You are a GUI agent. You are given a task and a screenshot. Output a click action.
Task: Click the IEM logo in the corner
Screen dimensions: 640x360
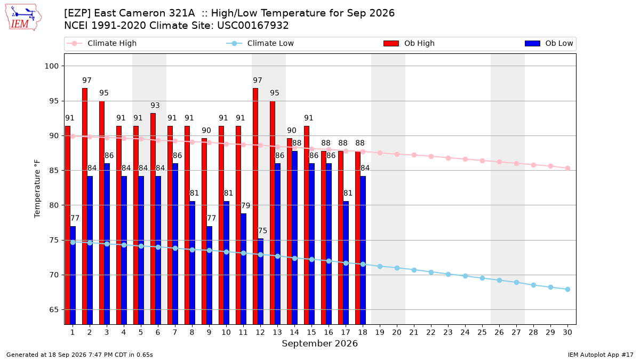[23, 18]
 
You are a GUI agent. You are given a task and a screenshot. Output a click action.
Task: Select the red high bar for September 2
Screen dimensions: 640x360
[85, 206]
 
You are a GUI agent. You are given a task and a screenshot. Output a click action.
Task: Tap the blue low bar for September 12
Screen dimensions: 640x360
[261, 282]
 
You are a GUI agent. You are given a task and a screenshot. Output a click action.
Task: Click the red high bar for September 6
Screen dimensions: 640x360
[153, 219]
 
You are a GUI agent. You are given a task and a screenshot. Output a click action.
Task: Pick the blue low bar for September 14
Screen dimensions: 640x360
[294, 237]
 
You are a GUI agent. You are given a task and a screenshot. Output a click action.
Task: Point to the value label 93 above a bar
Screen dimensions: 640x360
[155, 106]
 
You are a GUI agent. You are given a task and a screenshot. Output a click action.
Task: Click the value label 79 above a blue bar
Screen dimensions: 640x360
[245, 206]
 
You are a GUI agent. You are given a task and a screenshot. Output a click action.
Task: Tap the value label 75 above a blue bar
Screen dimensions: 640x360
[262, 231]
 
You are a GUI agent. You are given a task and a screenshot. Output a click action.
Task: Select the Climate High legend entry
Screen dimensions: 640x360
[102, 43]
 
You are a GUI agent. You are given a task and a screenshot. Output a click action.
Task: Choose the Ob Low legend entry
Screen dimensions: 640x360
[549, 43]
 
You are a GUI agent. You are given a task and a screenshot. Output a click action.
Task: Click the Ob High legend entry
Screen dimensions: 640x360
[409, 43]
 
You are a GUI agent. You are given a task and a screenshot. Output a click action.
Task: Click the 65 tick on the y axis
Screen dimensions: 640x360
[54, 310]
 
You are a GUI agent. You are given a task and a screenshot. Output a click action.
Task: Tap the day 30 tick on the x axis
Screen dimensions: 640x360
[567, 332]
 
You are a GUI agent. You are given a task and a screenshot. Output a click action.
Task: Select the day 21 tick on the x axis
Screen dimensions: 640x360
[414, 332]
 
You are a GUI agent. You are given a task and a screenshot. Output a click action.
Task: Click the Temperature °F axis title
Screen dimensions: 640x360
[37, 189]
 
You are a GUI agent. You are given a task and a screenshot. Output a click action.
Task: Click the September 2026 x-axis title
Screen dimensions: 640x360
[319, 343]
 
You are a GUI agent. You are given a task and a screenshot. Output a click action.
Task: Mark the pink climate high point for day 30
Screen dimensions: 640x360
[567, 169]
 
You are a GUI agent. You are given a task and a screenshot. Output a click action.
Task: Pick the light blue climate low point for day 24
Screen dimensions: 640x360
[465, 276]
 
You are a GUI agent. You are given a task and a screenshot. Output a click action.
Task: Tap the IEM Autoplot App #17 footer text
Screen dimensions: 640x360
[601, 355]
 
